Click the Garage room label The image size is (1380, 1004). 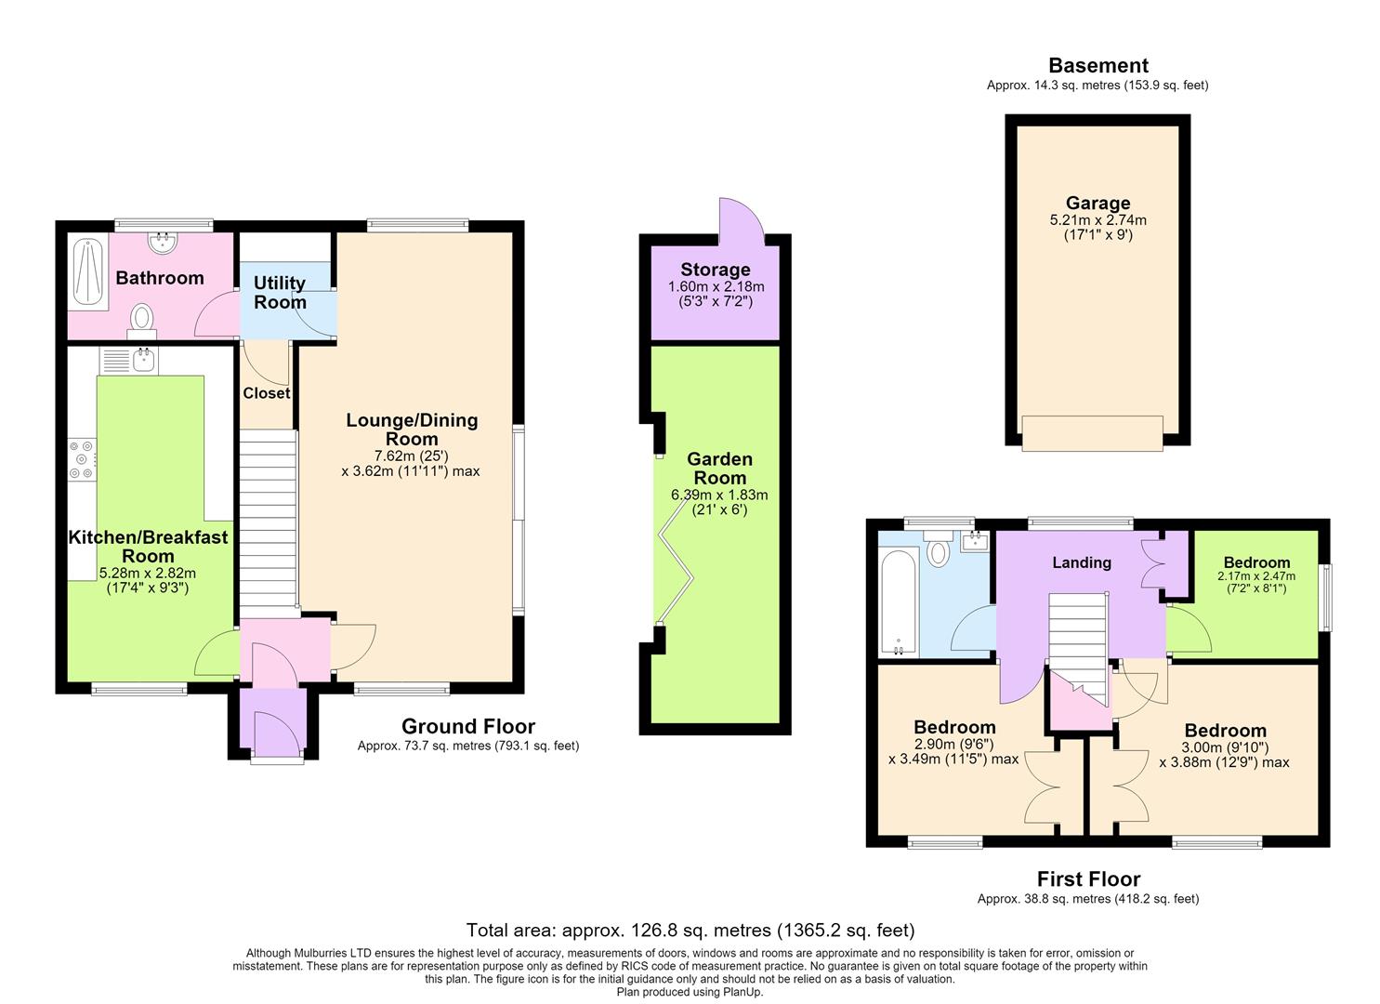[1097, 203]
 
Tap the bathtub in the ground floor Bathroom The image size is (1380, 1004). [88, 272]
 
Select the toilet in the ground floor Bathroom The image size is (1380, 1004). [141, 322]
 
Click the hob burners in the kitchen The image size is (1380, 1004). [83, 459]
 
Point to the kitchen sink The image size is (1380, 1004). [129, 361]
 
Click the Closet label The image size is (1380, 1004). [266, 393]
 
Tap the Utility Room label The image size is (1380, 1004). [280, 292]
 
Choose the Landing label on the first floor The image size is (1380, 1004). [1081, 562]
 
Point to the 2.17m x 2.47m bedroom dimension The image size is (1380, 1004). [1256, 576]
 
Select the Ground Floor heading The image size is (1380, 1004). [468, 726]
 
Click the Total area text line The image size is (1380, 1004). [690, 930]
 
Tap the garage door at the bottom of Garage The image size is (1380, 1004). [1092, 433]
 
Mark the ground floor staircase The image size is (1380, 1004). [269, 520]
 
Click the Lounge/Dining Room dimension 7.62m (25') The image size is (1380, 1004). [412, 456]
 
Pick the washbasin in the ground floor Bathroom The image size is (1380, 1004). [164, 242]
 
